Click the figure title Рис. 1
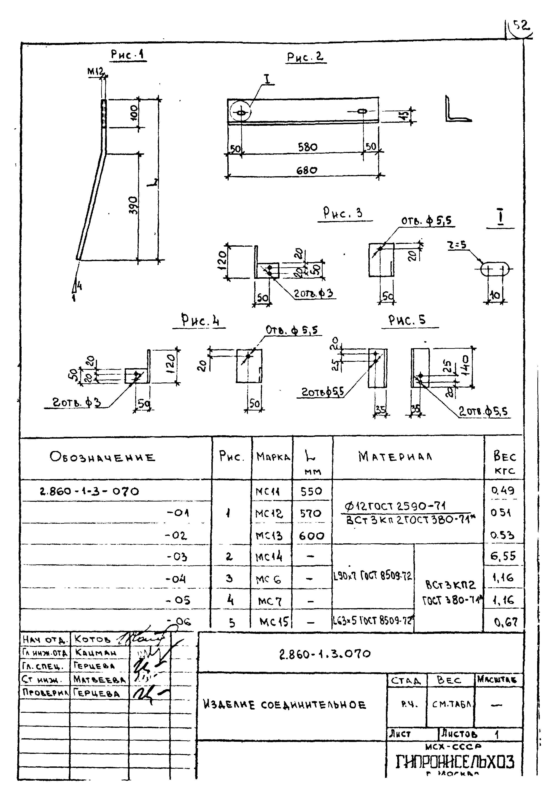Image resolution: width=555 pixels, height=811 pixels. (128, 55)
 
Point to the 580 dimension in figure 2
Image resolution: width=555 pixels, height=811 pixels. (307, 147)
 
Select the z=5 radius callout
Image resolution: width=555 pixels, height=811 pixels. (458, 245)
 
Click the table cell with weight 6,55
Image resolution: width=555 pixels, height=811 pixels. (503, 556)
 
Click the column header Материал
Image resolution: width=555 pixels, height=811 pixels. (395, 456)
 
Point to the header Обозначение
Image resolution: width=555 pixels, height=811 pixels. (102, 457)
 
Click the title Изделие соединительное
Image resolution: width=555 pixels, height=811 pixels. (284, 705)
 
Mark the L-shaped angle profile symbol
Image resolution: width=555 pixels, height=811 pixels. (457, 109)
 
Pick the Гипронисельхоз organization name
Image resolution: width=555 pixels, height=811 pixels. (455, 762)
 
